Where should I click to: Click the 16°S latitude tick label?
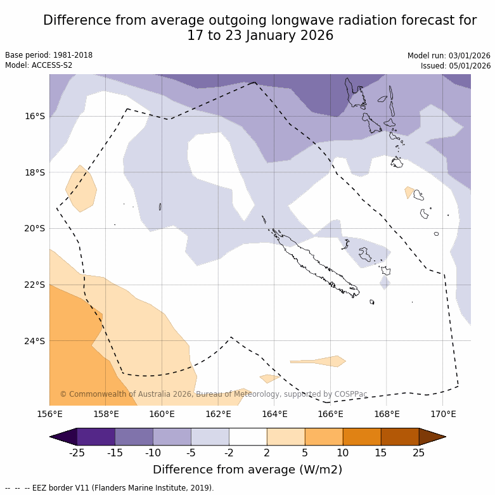pos(35,116)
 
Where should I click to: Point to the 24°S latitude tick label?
pos(35,341)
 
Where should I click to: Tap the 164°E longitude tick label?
pos(274,415)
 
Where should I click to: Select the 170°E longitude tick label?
pos(443,415)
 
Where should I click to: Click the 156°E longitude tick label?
pos(49,415)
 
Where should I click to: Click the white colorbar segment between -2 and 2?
pos(248,437)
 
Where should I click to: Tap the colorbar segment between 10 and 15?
pos(362,437)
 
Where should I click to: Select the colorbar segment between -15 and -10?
pos(134,437)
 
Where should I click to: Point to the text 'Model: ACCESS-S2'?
pos(39,65)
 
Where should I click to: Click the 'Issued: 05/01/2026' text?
pos(456,66)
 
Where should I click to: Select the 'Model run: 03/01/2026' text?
pos(449,56)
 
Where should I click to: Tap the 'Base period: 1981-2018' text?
pos(49,55)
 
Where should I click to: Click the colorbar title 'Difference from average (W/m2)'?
pos(247,470)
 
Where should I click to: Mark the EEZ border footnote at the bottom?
pos(110,488)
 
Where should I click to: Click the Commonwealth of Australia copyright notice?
pos(214,394)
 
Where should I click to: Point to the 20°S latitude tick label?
pos(35,228)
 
